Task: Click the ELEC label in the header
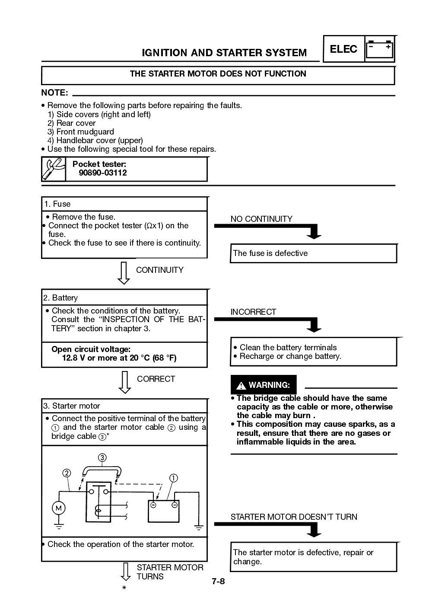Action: tap(343, 49)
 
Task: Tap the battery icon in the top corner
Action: tap(380, 49)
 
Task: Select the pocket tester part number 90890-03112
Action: tap(103, 173)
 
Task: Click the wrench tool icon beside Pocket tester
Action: tap(54, 169)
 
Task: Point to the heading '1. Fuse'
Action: tap(57, 204)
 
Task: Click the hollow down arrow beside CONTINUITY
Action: tap(124, 273)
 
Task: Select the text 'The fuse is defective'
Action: tap(270, 253)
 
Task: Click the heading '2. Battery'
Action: tap(60, 298)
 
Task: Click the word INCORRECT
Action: tap(253, 312)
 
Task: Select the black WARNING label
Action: tap(264, 385)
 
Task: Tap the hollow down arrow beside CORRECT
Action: tap(125, 382)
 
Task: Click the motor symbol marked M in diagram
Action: tap(58, 508)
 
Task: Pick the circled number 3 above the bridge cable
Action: tap(102, 457)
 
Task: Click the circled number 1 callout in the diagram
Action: tap(173, 478)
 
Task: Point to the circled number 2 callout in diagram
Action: tap(67, 473)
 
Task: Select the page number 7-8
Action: tap(218, 581)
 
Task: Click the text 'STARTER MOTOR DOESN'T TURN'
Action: tap(294, 517)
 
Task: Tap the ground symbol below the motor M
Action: tap(58, 526)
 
